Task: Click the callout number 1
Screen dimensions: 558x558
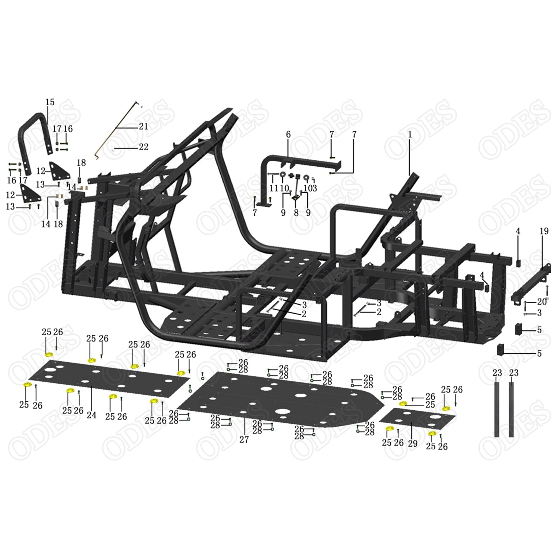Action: point(410,135)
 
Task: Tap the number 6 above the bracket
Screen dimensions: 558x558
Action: point(288,135)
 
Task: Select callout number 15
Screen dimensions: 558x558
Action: point(50,102)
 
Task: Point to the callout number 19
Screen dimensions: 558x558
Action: point(544,231)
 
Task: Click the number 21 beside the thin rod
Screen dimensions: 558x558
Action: point(144,126)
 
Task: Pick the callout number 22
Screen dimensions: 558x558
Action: point(144,147)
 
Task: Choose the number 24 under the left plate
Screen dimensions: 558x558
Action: point(92,415)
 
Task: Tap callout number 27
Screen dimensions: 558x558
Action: point(244,439)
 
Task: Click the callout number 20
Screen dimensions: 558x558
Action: point(542,302)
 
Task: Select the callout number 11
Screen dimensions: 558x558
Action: point(273,188)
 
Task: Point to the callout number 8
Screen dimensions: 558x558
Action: point(296,212)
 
